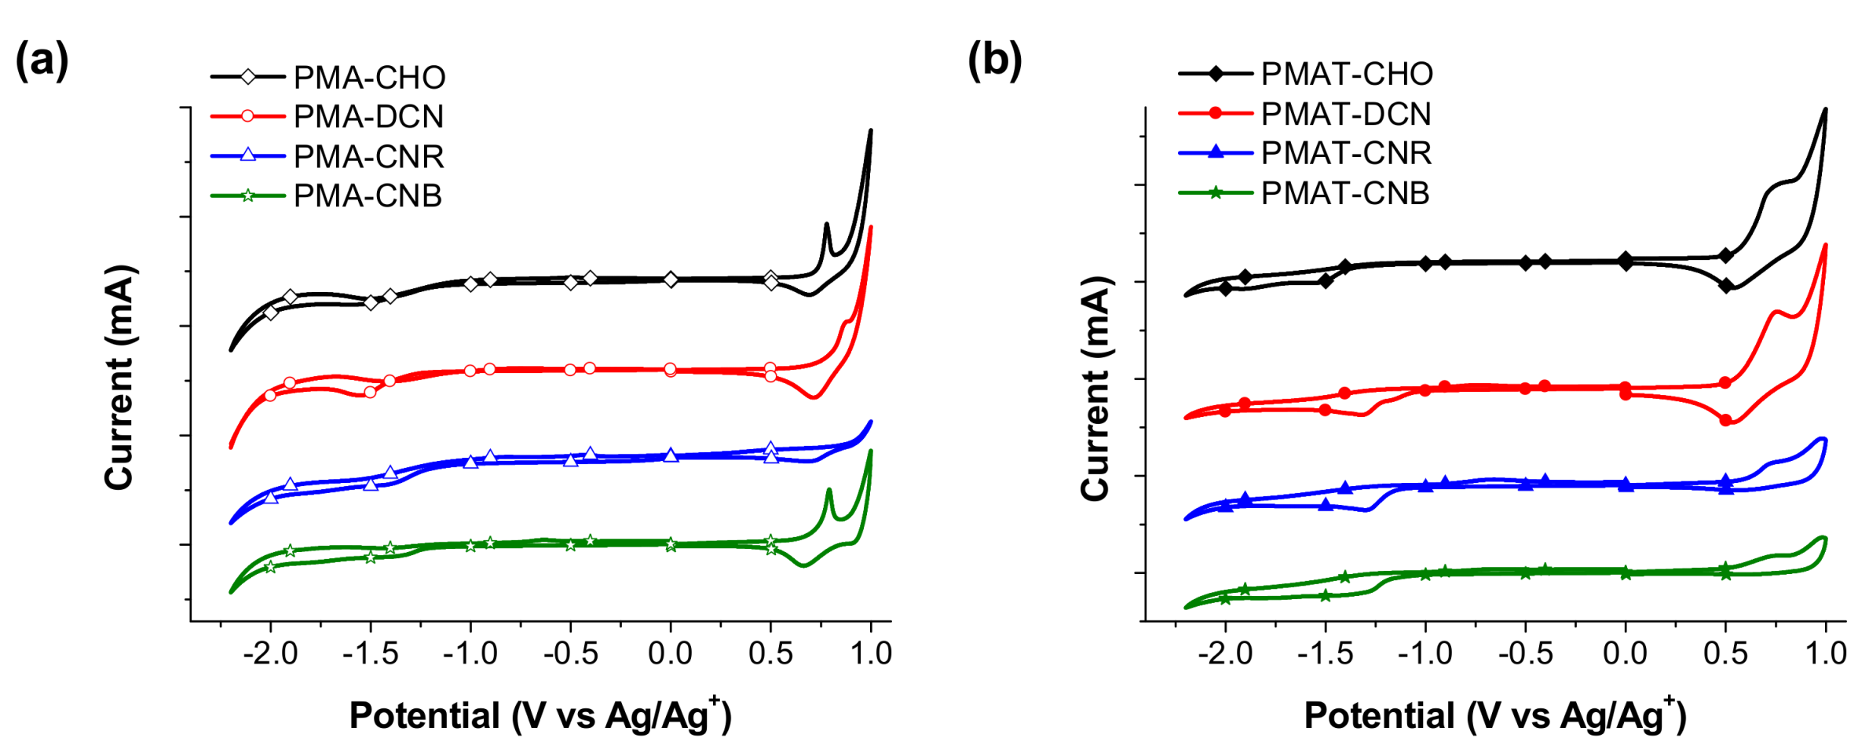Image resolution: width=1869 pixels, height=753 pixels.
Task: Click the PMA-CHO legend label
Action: point(369,77)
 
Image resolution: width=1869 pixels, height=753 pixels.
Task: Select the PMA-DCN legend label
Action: point(368,116)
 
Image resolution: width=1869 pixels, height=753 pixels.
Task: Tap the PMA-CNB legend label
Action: point(368,196)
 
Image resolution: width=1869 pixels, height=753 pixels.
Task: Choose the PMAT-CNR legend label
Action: point(1346,152)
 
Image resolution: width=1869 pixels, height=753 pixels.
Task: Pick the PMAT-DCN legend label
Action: point(1346,114)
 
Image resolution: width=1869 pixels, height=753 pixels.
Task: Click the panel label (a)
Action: point(42,61)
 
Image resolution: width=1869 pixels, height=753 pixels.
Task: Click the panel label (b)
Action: point(994,61)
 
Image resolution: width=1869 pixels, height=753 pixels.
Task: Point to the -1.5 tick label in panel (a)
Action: point(371,653)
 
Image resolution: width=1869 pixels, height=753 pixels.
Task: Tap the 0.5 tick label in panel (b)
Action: point(1725,653)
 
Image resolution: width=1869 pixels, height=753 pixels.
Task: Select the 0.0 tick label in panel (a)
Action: point(670,653)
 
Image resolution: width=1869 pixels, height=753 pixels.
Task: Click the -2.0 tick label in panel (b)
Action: point(1225,653)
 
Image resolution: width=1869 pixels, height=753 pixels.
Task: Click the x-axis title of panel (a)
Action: point(540,715)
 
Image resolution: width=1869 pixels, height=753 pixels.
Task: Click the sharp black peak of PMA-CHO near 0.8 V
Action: point(826,225)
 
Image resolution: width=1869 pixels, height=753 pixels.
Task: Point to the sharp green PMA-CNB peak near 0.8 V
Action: point(828,491)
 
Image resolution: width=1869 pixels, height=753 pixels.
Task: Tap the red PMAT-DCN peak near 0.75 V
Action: point(1773,313)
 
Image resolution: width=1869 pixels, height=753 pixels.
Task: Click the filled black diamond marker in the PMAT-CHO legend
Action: point(1216,74)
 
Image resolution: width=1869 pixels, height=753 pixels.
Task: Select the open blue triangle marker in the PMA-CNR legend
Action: point(247,155)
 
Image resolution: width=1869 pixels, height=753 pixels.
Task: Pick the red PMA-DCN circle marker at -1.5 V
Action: point(371,392)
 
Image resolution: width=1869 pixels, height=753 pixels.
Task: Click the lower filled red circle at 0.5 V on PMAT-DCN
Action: point(1725,420)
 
